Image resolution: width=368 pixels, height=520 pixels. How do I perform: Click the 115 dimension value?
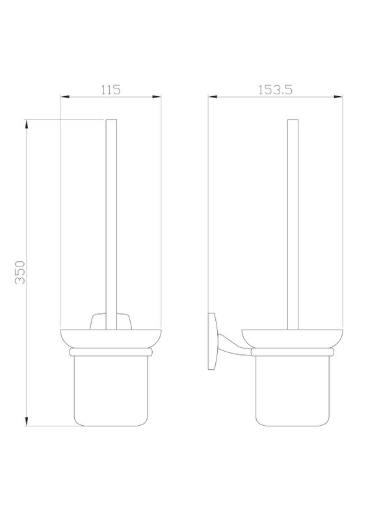(x=111, y=90)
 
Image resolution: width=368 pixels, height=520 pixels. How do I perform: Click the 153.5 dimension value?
(x=276, y=90)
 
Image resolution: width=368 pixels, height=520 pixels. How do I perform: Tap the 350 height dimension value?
(x=20, y=272)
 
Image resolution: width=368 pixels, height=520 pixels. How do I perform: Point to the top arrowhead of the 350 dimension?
(x=27, y=124)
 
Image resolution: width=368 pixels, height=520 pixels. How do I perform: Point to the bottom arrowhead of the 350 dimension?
(x=27, y=421)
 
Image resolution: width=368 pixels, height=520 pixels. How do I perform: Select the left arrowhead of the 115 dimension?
(x=64, y=97)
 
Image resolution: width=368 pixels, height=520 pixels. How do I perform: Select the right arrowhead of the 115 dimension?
(x=157, y=97)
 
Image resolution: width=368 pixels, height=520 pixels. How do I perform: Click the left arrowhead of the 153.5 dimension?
(x=213, y=97)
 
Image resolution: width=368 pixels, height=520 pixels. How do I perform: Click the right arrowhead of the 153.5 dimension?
(x=338, y=97)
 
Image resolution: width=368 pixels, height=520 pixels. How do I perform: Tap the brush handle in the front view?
(x=111, y=224)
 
